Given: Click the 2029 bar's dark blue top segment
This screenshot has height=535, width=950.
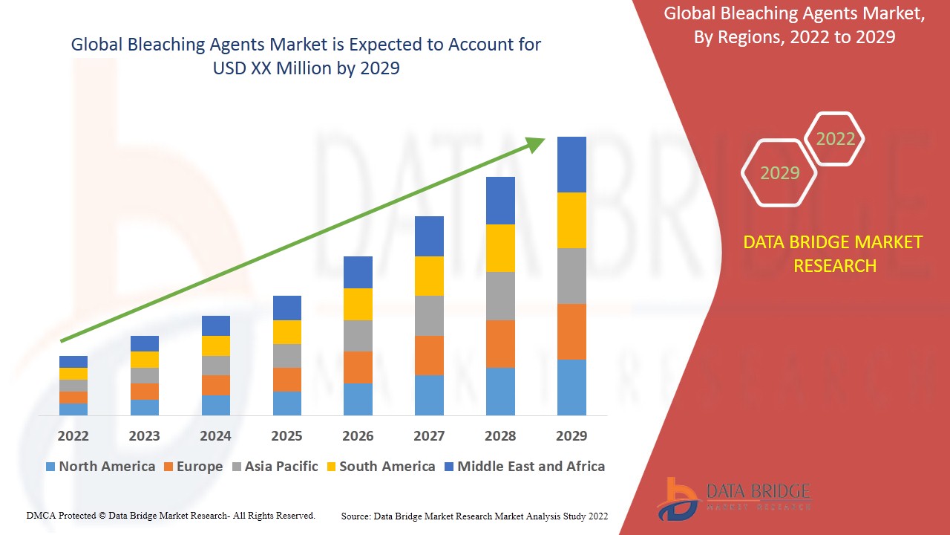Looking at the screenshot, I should click(571, 164).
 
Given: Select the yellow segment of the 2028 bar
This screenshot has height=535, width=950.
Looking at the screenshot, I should click(500, 247).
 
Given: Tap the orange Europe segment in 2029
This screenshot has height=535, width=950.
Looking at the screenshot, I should click(571, 331).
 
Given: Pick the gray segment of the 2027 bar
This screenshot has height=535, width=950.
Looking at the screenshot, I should click(429, 316).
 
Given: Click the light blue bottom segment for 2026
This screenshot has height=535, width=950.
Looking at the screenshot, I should click(358, 399).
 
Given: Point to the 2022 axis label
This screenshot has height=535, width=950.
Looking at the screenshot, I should click(73, 435).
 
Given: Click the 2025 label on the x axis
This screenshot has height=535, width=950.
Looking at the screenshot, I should click(286, 435).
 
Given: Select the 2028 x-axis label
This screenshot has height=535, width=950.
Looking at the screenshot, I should click(500, 435).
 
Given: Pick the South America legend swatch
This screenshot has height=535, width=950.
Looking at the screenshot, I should click(332, 467).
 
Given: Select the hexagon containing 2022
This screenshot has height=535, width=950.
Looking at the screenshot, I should click(835, 139).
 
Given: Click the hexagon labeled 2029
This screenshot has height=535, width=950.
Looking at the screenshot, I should click(779, 173).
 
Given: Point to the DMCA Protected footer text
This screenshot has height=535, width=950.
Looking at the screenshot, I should click(171, 515).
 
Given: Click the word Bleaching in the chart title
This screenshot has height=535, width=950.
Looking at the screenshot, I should click(162, 45).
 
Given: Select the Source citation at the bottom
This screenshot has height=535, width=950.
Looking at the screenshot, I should click(474, 516).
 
